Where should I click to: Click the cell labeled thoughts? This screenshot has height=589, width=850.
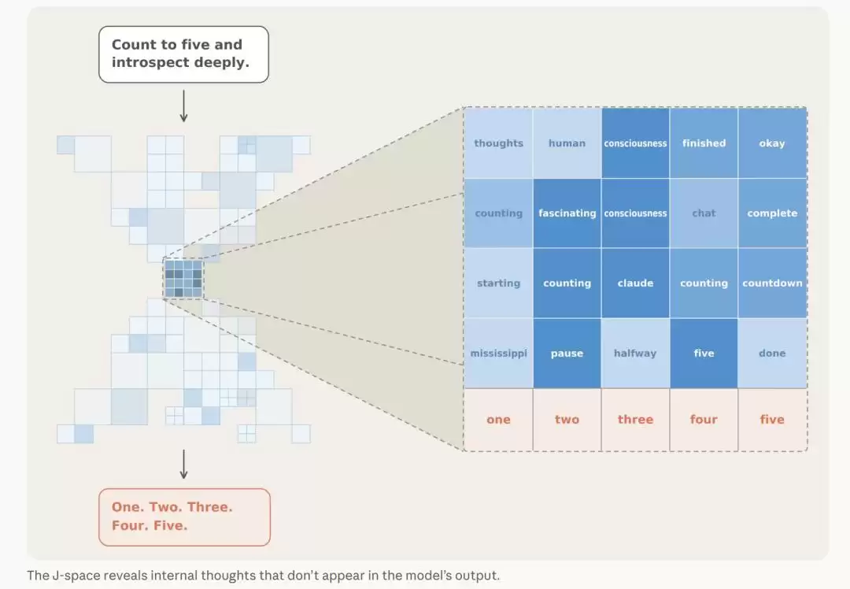pos(498,143)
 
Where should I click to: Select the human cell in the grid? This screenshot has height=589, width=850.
pos(567,143)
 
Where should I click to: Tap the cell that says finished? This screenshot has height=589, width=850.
pos(704,143)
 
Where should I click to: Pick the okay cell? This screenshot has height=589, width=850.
pos(772,143)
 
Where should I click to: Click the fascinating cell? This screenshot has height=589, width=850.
pos(567,213)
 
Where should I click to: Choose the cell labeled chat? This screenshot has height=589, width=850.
pos(704,213)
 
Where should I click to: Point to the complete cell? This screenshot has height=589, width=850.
pos(772,213)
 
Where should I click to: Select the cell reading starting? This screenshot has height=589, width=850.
pos(498,283)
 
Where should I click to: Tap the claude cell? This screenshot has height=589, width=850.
pos(635,283)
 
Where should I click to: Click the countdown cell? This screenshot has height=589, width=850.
pos(772,283)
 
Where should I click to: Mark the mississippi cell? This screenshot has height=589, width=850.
pos(498,353)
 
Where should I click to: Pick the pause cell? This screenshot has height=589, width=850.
pos(567,353)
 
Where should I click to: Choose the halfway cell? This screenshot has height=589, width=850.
pos(635,353)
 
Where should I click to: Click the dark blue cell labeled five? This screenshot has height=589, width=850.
pos(704,353)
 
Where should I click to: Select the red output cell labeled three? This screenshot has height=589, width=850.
pos(635,419)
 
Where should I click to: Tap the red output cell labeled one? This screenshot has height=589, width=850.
pos(498,419)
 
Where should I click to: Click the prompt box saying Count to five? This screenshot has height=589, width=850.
pos(183,54)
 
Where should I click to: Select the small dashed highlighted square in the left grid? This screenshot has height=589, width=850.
pos(183,279)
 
